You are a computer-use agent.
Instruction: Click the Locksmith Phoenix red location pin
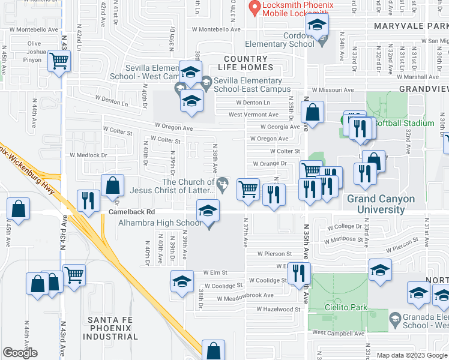pyautogui.click(x=255, y=8)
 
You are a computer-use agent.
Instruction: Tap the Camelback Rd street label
pyautogui.click(x=131, y=212)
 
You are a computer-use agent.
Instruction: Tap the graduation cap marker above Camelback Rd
pyautogui.click(x=208, y=211)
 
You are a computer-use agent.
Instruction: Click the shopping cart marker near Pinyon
pyautogui.click(x=59, y=60)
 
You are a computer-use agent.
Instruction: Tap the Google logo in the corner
pyautogui.click(x=20, y=353)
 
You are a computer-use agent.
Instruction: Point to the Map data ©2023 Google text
pyautogui.click(x=412, y=355)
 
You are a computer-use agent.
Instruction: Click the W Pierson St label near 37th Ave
pyautogui.click(x=274, y=254)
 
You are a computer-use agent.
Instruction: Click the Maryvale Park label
pyautogui.click(x=411, y=26)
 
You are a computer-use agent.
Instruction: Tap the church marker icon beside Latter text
pyautogui.click(x=223, y=182)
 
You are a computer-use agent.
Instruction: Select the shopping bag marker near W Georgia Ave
pyautogui.click(x=312, y=112)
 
